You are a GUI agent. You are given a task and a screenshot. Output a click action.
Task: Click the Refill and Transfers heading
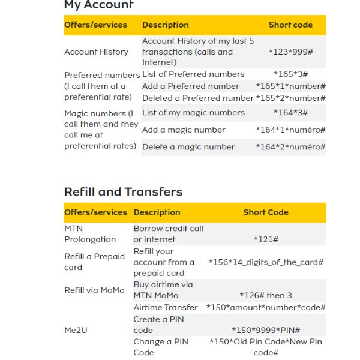(x=123, y=192)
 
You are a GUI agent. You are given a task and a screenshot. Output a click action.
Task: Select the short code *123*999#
(x=290, y=52)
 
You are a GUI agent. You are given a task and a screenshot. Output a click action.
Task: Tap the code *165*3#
(x=290, y=74)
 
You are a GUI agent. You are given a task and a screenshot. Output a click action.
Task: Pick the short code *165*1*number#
(x=290, y=86)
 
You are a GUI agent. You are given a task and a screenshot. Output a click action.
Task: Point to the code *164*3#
(x=290, y=113)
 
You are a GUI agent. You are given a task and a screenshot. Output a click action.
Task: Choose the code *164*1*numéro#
(x=290, y=130)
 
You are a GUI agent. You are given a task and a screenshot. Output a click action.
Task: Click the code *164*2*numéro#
(x=290, y=147)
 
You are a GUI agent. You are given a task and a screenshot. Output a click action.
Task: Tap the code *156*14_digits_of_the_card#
(x=266, y=262)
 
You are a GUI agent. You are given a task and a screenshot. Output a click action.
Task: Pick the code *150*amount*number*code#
(x=266, y=308)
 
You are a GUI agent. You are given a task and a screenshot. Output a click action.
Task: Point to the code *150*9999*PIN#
(x=266, y=330)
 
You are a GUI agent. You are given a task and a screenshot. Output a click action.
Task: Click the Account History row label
(x=96, y=52)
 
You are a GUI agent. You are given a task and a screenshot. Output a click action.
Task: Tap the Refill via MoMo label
(x=94, y=290)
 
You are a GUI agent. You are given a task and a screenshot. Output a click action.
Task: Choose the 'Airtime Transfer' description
(x=165, y=308)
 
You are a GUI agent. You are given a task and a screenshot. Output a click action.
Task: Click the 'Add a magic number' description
(x=184, y=130)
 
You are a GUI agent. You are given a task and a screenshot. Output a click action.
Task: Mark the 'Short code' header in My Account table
(x=290, y=25)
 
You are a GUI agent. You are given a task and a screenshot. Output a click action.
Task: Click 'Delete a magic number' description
(x=188, y=147)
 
